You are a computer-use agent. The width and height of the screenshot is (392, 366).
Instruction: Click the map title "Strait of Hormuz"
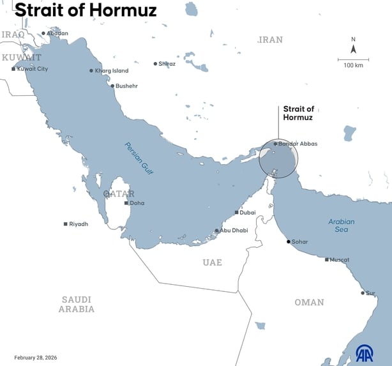point(86,11)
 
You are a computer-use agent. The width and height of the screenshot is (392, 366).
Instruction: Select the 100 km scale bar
point(353,60)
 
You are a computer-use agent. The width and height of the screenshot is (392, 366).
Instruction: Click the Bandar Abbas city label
point(298,144)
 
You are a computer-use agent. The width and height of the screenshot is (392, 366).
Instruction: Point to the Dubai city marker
point(237,212)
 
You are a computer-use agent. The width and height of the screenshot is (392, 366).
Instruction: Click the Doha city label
point(137,203)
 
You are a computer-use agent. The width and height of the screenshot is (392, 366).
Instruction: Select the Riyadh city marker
point(66,224)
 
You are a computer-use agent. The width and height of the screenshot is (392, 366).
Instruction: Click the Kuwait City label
point(32,68)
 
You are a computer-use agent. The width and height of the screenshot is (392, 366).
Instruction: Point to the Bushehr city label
point(126,86)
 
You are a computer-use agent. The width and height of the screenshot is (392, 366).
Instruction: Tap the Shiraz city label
point(167,64)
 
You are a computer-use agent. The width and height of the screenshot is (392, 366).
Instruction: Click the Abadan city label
point(57,33)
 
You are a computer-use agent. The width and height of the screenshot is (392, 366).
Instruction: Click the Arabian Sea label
point(342,225)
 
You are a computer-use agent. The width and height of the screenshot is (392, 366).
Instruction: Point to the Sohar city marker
point(289,241)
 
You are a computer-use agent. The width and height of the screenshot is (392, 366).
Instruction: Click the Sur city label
point(370,293)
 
